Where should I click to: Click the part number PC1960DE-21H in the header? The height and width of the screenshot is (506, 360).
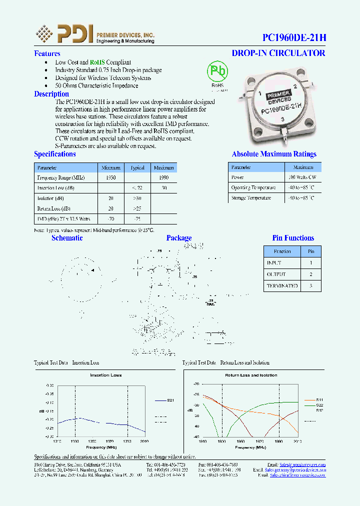[294, 37]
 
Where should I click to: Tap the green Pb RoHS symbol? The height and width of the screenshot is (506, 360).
[217, 71]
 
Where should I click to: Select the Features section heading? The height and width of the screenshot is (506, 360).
[47, 53]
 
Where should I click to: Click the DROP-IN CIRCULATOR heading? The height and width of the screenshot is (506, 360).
[278, 53]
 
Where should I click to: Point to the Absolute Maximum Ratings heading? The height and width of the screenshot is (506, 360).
[274, 154]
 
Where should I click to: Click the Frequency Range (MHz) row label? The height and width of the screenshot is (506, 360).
[61, 177]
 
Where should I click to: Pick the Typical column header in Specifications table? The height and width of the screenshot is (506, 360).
[137, 167]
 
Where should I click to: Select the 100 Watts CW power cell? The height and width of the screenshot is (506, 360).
[302, 177]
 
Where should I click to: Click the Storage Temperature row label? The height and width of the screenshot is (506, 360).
[251, 198]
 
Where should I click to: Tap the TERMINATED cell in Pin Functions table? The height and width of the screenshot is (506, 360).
[282, 286]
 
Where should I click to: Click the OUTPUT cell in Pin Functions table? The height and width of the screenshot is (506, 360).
[276, 274]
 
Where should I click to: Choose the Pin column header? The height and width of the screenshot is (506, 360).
[311, 251]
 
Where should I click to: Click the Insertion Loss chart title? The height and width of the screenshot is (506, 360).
[106, 375]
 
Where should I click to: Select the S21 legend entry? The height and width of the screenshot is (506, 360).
[170, 400]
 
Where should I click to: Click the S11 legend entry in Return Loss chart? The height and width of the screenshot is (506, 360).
[319, 400]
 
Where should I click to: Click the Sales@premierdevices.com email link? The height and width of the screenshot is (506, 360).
[302, 464]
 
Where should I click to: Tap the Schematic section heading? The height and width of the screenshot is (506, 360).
[67, 238]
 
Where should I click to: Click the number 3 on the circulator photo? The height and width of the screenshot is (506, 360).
[283, 119]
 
